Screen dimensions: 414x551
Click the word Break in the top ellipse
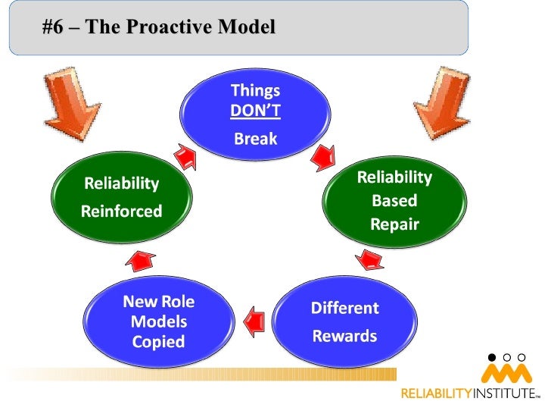click(255, 139)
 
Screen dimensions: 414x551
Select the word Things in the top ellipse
click(255, 91)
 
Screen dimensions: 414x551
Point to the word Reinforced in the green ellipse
click(121, 212)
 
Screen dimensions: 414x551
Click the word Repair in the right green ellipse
click(394, 224)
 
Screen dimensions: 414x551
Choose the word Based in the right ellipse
click(394, 202)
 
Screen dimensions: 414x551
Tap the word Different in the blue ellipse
click(344, 309)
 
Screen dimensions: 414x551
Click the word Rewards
click(344, 336)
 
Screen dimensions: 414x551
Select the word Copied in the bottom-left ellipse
click(158, 342)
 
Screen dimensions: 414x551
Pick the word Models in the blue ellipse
click(158, 321)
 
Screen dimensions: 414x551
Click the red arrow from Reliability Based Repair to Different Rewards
click(369, 261)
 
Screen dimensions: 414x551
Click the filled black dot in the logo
click(492, 356)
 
